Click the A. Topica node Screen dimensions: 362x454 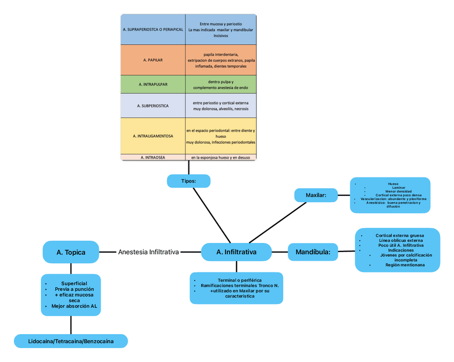pos(71,252)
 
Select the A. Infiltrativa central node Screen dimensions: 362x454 pos(236,252)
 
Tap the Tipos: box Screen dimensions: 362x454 pos(188,181)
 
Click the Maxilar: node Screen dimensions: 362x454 pos(315,195)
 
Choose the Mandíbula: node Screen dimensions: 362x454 pos(313,252)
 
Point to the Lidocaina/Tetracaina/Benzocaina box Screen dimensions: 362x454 pos(71,341)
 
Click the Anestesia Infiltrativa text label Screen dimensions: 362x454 pos(148,252)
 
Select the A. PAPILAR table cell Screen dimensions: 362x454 pos(153,60)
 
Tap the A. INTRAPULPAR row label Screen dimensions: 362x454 pos(153,84)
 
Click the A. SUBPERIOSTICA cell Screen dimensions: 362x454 pos(153,106)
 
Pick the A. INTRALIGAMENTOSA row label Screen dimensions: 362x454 pos(153,136)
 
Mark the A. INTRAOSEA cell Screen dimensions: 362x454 pos(153,158)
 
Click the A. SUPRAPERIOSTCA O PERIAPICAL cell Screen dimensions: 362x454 pos(153,29)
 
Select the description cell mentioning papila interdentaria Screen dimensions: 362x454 pos(221,60)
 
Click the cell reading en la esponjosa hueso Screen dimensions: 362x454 pos(221,158)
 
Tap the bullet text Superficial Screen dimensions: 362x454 pos(74,283)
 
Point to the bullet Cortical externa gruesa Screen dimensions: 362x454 pos(399,235)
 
